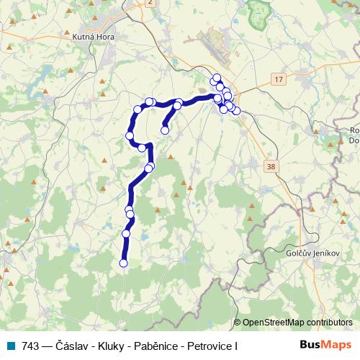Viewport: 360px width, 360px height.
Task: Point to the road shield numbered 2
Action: point(149,3)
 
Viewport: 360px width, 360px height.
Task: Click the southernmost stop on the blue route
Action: point(123,264)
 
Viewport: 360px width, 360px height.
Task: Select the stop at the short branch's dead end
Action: point(165,130)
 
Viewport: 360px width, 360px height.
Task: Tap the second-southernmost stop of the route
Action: point(127,233)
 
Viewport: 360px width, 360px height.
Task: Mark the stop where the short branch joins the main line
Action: point(177,105)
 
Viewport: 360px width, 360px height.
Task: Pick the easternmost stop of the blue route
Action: point(236,111)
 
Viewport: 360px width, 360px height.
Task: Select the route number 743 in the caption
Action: point(30,346)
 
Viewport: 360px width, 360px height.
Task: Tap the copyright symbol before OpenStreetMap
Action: point(238,323)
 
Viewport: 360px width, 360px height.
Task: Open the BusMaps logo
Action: point(325,345)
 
